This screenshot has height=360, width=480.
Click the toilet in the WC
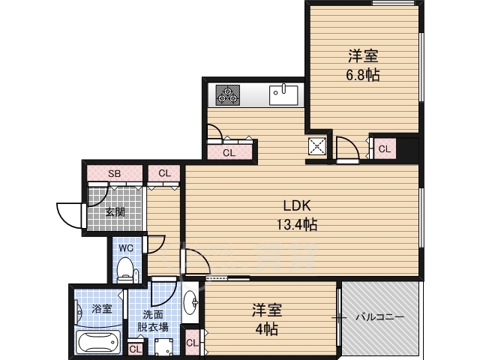point(124,269)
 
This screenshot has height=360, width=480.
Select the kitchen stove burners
point(227,95)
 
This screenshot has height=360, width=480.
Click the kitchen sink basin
point(283,95)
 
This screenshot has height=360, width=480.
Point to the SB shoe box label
point(115,173)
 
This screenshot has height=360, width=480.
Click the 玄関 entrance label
point(115,211)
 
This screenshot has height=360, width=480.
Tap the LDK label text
point(297,205)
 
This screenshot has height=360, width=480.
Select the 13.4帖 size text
point(297,224)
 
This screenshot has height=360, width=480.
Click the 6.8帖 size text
point(363,75)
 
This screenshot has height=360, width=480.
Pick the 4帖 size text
point(267,329)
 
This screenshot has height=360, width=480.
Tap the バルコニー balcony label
point(379,316)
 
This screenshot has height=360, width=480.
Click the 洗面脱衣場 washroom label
point(153,320)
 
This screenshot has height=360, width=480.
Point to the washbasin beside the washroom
point(190,302)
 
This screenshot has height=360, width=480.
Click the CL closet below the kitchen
point(229,151)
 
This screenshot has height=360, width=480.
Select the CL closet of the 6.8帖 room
point(385,148)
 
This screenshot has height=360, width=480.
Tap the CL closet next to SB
point(164,173)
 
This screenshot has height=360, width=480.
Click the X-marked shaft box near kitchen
point(317,147)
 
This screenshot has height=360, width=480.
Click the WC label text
point(126,248)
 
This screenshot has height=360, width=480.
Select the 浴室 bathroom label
point(102,309)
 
